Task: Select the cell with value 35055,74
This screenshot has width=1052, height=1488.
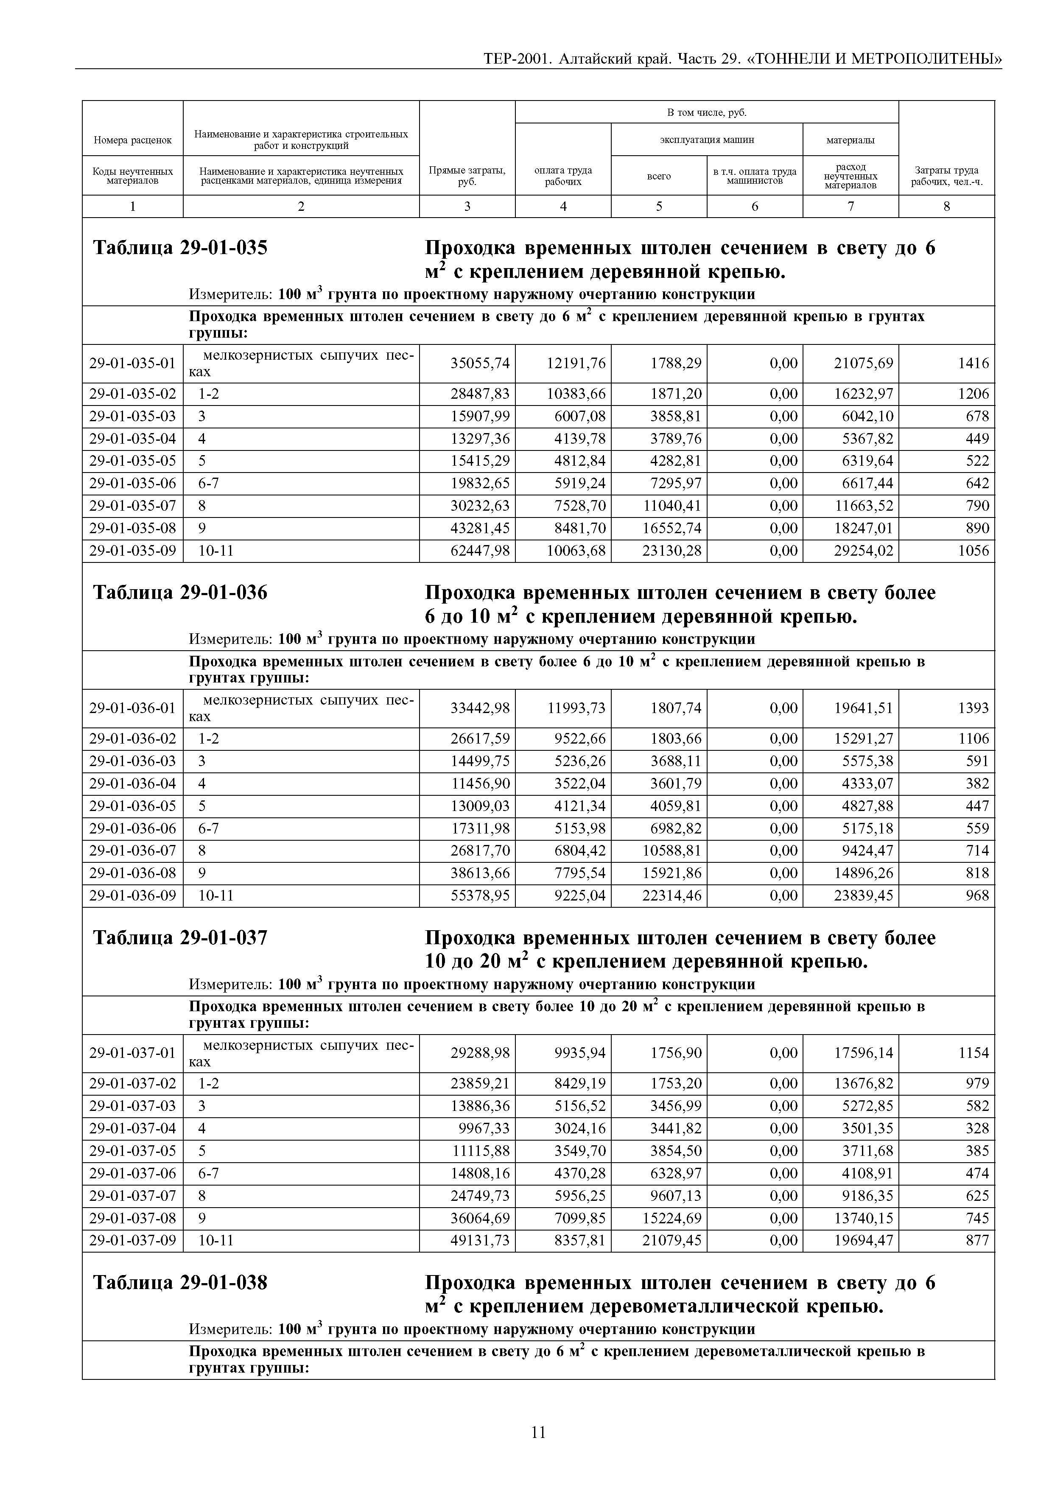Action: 480,363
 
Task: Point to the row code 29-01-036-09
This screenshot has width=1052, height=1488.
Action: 132,896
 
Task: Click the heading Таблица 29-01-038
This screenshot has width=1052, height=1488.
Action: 180,1283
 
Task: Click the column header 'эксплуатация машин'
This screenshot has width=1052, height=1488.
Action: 707,139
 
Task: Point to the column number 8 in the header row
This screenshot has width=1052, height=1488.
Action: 946,206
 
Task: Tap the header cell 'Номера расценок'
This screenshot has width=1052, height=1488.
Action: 132,139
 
